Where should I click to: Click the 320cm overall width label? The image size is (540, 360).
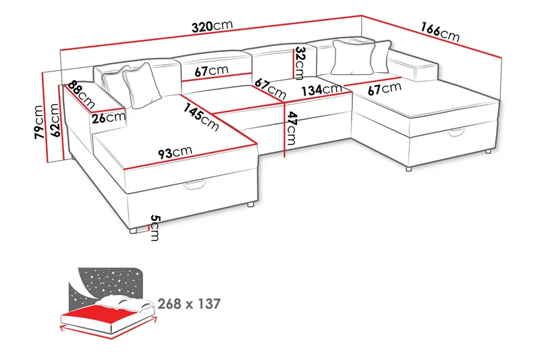(x=212, y=27)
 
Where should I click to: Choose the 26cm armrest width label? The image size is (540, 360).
(x=109, y=117)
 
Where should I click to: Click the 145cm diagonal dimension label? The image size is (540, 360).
(x=200, y=115)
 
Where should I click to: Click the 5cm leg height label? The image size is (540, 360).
(x=155, y=228)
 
